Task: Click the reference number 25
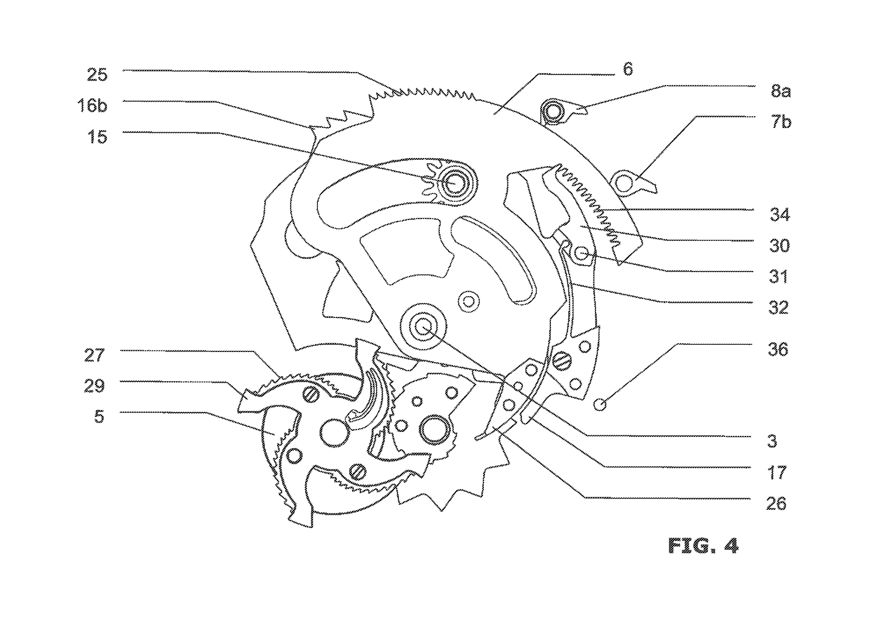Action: click(97, 75)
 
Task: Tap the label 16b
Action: click(93, 106)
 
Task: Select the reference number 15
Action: click(97, 137)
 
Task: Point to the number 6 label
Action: click(628, 69)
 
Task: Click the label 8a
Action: click(781, 92)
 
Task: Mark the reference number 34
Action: click(779, 215)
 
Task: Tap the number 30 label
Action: click(779, 245)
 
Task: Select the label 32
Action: click(778, 308)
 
